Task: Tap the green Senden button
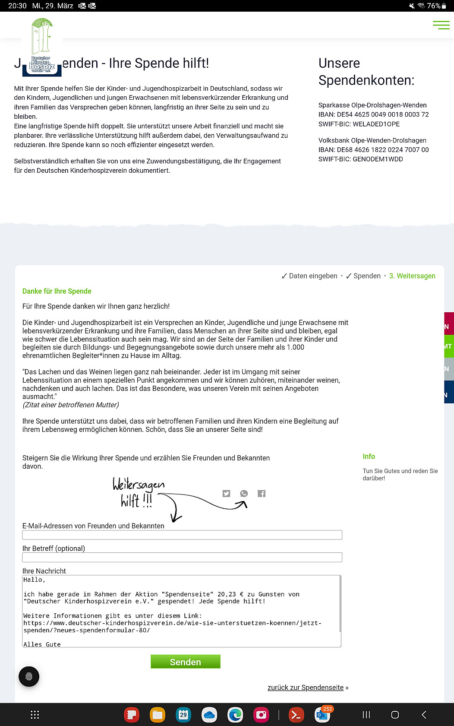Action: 185,662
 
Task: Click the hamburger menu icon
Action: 441,25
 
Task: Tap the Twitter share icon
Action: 226,493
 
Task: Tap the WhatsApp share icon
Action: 244,493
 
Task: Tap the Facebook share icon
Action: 262,493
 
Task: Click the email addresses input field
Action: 182,535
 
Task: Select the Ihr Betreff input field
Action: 182,557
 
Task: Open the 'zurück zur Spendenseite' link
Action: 306,688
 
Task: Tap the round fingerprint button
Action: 29,676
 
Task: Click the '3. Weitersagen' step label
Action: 412,276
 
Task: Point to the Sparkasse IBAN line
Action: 373,114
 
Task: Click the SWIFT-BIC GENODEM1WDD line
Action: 360,159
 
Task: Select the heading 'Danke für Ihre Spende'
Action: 57,291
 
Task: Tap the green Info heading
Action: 369,457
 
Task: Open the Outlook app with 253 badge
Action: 322,715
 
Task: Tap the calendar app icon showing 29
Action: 183,715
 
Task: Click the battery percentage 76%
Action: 434,6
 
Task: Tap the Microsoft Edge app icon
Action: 235,715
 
